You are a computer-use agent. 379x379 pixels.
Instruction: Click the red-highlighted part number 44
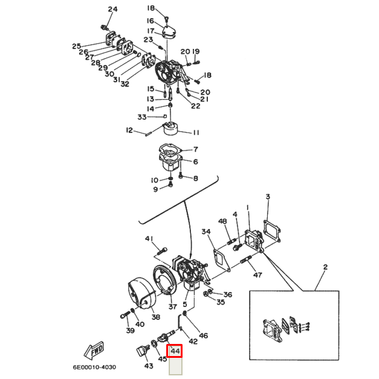175,351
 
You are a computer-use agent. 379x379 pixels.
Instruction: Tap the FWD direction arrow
94,351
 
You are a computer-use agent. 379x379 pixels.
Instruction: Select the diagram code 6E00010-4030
94,367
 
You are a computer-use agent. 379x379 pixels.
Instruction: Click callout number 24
112,10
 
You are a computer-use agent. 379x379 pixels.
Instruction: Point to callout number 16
151,21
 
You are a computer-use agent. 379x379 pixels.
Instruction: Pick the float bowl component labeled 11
171,129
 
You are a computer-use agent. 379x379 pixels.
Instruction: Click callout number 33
142,117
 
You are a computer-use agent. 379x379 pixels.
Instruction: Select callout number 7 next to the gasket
195,149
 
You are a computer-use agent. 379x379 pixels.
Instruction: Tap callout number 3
268,196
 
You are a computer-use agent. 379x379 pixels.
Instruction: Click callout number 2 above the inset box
325,267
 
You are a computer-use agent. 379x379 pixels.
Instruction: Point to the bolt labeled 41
162,251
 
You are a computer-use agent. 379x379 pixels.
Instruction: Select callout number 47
258,275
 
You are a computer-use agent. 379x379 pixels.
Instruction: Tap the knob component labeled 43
142,351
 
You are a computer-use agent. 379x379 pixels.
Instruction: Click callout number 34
206,232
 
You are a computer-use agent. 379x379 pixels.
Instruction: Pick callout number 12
129,131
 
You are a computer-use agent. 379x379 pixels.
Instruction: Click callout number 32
125,84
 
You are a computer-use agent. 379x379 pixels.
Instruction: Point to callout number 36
227,294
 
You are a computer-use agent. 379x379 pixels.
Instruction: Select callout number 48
222,221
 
